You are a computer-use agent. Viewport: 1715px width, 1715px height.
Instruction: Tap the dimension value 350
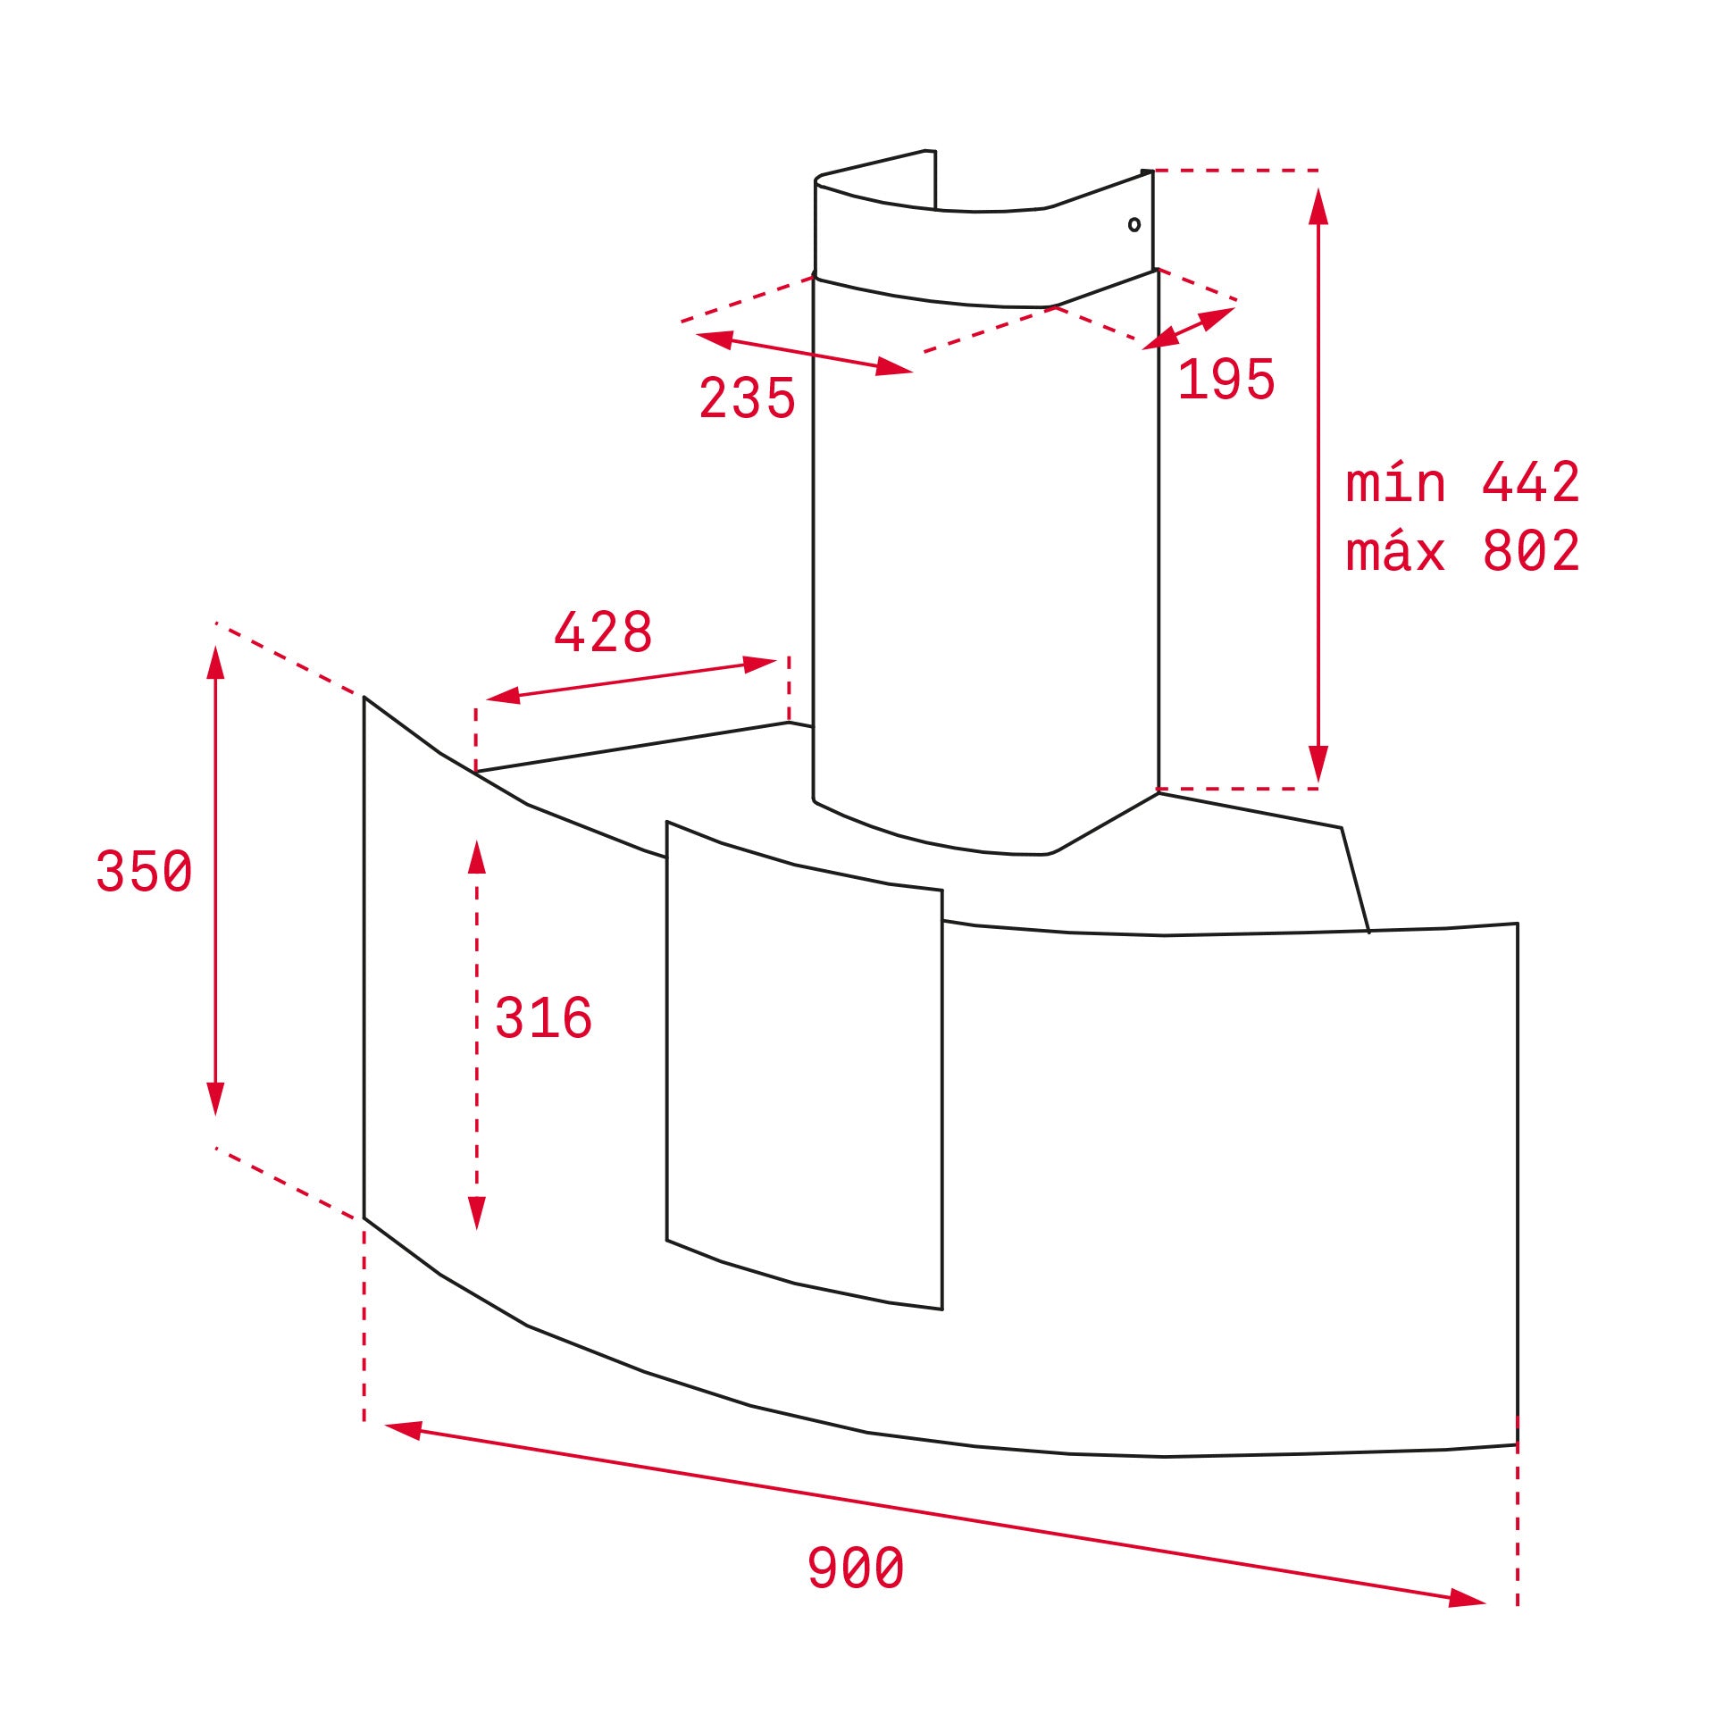pyautogui.click(x=144, y=871)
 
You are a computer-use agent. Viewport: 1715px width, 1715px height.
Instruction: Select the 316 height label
pyautogui.click(x=543, y=1017)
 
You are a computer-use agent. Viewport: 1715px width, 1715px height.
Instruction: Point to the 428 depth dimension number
pyautogui.click(x=603, y=632)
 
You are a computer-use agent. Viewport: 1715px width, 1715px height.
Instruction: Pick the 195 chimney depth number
pyautogui.click(x=1226, y=380)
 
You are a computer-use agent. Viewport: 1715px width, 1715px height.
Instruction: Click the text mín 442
pyautogui.click(x=1462, y=483)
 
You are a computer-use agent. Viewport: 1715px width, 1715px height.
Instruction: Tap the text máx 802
pyautogui.click(x=1462, y=551)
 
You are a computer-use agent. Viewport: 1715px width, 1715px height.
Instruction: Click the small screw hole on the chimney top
pyautogui.click(x=1134, y=224)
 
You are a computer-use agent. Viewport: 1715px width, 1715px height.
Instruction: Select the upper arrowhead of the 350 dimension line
pyautogui.click(x=215, y=664)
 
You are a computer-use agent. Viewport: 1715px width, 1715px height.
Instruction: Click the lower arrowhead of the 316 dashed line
pyautogui.click(x=476, y=1212)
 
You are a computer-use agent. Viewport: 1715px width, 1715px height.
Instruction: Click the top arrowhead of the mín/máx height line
pyautogui.click(x=1318, y=207)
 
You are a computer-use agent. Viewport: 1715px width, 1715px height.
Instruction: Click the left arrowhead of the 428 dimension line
pyautogui.click(x=504, y=696)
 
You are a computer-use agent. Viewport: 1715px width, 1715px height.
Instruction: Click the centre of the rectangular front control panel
pyautogui.click(x=804, y=1065)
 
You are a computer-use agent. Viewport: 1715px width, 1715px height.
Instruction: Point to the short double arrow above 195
pyautogui.click(x=1189, y=328)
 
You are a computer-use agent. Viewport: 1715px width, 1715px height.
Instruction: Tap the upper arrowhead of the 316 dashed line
pyautogui.click(x=476, y=857)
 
